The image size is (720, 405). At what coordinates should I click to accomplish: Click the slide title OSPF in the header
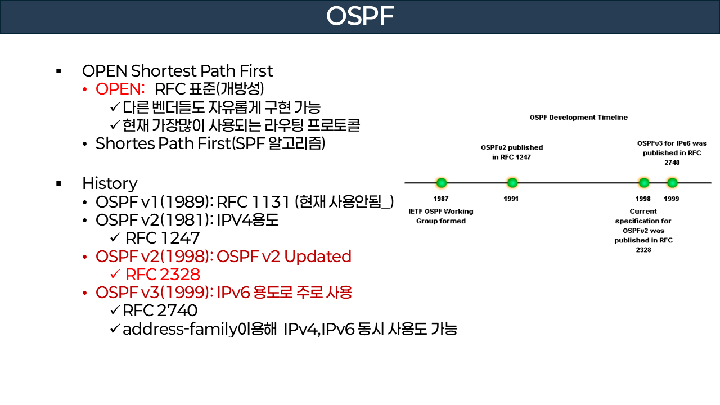pyautogui.click(x=359, y=17)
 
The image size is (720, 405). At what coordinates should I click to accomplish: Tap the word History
pyautogui.click(x=110, y=183)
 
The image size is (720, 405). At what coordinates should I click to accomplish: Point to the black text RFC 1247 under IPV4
pyautogui.click(x=163, y=238)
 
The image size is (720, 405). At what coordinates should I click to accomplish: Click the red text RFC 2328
pyautogui.click(x=163, y=274)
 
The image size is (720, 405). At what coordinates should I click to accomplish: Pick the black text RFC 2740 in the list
pyautogui.click(x=160, y=310)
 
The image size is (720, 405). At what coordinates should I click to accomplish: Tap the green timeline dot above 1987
pyautogui.click(x=442, y=183)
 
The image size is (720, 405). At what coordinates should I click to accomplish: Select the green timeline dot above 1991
pyautogui.click(x=512, y=183)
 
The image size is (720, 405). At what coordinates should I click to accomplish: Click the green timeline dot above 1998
pyautogui.click(x=643, y=183)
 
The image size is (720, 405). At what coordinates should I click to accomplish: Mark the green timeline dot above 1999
pyautogui.click(x=672, y=183)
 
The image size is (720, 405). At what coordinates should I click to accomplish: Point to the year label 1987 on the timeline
pyautogui.click(x=441, y=199)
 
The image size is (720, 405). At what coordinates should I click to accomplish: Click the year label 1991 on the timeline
pyautogui.click(x=511, y=199)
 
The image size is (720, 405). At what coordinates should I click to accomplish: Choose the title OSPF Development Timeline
pyautogui.click(x=578, y=118)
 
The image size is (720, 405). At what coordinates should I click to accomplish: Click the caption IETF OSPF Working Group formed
pyautogui.click(x=441, y=216)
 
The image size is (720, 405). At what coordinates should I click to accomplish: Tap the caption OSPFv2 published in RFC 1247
pyautogui.click(x=511, y=152)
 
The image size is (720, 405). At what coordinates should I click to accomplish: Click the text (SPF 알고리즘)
pyautogui.click(x=279, y=143)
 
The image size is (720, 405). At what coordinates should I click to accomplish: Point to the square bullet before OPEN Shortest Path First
pyautogui.click(x=58, y=71)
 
